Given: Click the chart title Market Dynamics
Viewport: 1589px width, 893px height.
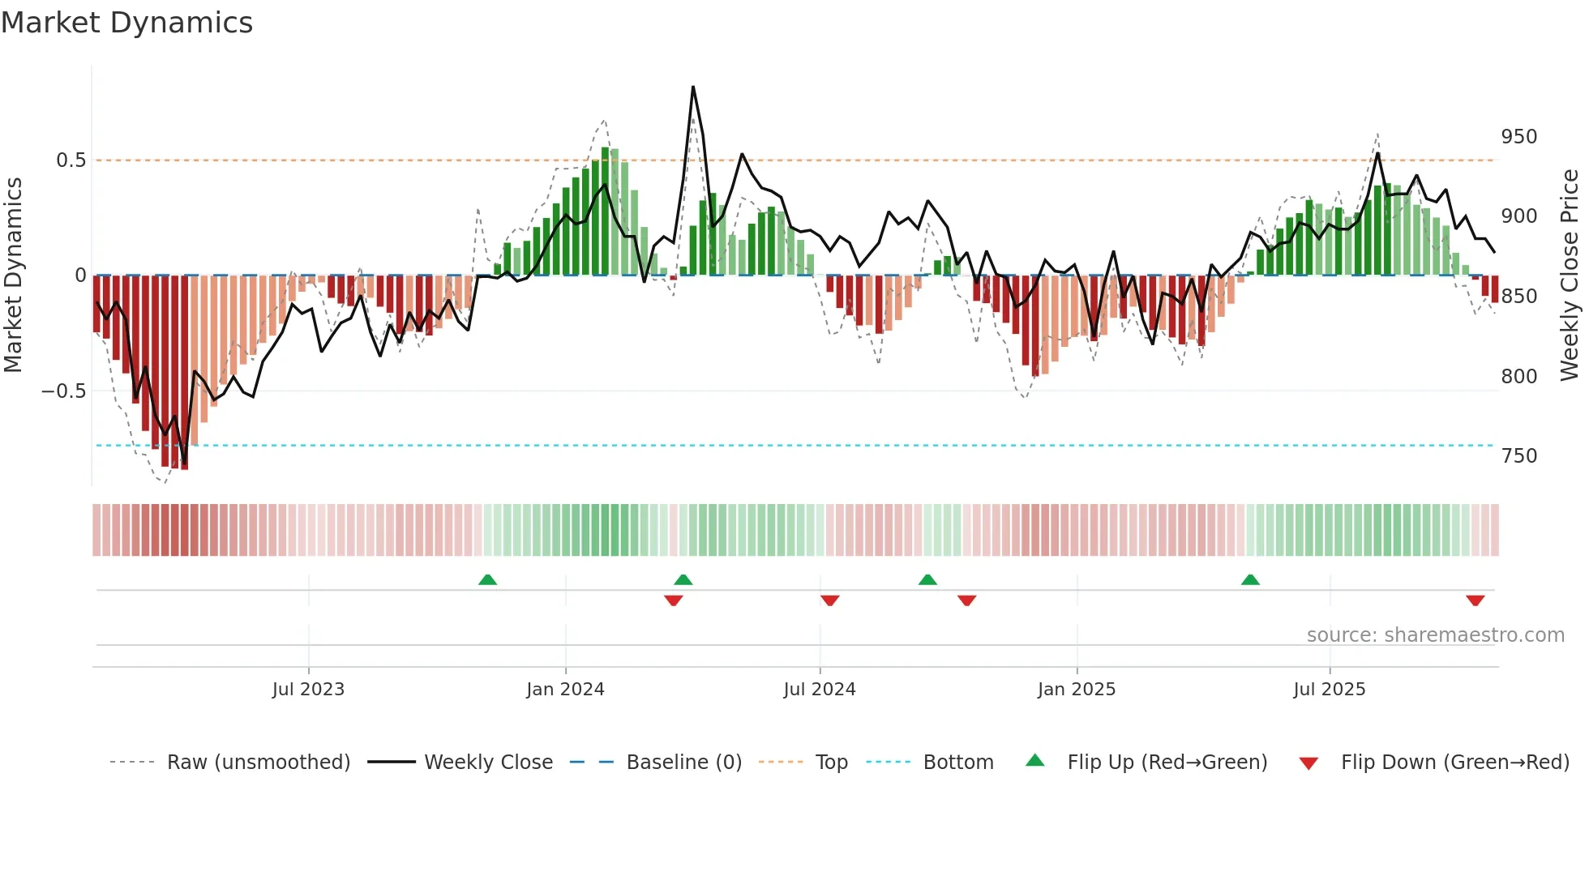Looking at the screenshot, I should (x=126, y=23).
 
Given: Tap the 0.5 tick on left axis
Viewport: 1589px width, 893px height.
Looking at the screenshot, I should (x=71, y=160).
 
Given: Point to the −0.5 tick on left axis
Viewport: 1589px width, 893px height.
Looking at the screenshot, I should (x=63, y=391).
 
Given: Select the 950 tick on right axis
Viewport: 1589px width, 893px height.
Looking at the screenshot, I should (x=1518, y=137).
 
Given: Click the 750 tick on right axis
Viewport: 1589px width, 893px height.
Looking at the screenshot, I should (x=1518, y=456).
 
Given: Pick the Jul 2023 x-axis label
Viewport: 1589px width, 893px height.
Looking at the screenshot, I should (x=308, y=690).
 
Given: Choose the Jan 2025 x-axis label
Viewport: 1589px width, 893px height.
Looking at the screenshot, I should (x=1076, y=690).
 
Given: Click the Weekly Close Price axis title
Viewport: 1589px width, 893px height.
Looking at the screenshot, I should (x=1570, y=276).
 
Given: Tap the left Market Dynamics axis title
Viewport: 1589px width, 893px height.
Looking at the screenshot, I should (x=13, y=276).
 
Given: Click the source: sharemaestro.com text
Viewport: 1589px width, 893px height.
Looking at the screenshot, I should (x=1435, y=635).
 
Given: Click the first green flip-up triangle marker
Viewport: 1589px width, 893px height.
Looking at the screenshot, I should (x=487, y=580).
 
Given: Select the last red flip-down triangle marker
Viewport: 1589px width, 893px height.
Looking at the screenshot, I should (x=1475, y=600).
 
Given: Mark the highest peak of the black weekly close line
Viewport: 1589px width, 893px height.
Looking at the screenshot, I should (x=693, y=87).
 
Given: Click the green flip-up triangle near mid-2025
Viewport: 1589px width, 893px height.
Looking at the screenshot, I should (x=1250, y=580).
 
